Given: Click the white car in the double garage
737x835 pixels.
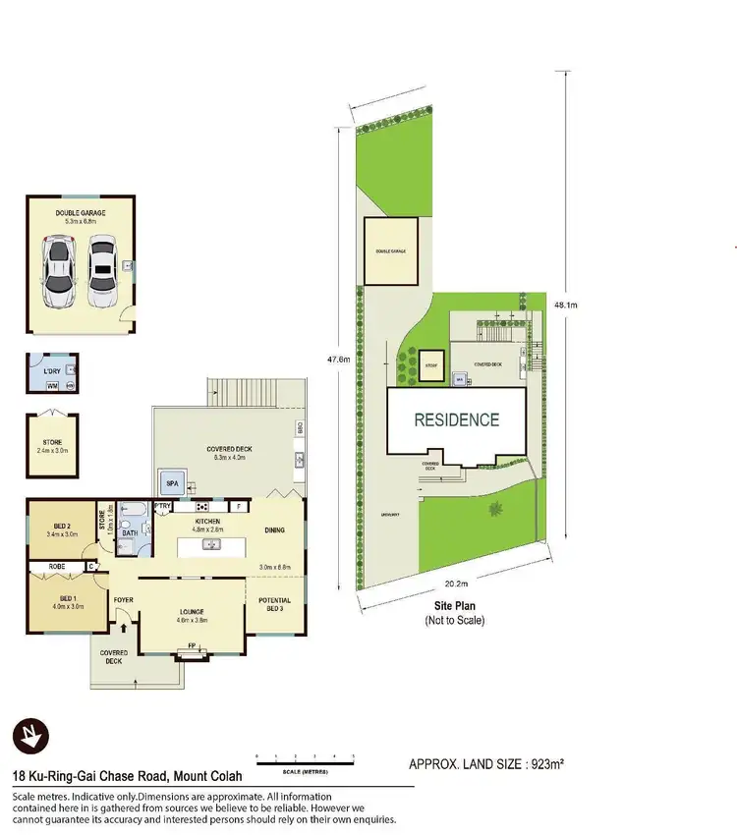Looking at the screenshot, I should click(100, 272).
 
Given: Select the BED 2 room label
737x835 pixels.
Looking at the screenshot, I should click(61, 527).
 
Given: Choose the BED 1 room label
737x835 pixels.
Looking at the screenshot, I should click(68, 598).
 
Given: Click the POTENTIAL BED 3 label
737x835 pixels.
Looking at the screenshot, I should click(274, 605).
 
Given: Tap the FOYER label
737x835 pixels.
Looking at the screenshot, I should click(123, 599).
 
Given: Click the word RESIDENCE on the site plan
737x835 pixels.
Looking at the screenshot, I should click(456, 419).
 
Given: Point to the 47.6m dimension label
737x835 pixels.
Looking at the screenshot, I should click(338, 360).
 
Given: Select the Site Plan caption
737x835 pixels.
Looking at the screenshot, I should click(454, 607).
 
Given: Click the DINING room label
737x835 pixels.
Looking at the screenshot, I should click(274, 530).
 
